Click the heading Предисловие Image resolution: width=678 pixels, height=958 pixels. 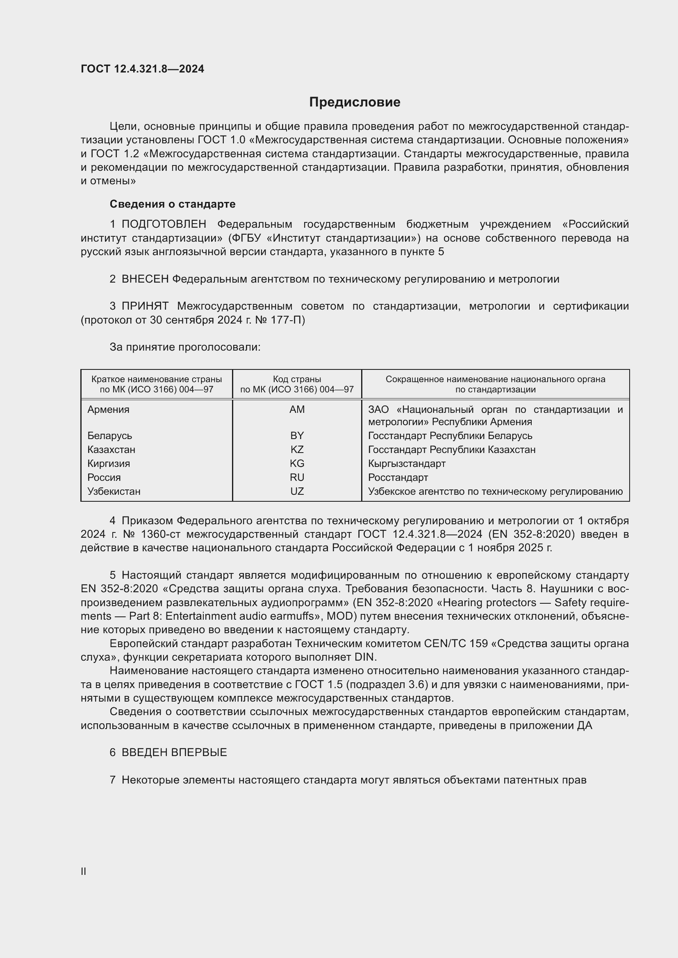[355, 102]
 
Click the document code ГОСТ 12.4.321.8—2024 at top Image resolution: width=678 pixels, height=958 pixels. [142, 69]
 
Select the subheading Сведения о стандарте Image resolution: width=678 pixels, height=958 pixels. [173, 204]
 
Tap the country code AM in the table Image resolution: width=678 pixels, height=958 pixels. [297, 409]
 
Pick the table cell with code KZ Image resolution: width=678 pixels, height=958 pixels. [297, 449]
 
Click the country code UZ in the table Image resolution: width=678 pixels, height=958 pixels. [297, 491]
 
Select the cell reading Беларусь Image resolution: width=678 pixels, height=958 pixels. [110, 436]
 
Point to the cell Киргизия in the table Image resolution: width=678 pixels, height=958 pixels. [109, 464]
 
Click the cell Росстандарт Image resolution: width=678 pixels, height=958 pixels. [398, 477]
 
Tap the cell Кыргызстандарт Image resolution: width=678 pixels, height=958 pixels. [407, 464]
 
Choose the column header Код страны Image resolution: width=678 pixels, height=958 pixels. [297, 379]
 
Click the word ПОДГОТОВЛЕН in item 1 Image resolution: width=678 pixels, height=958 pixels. [164, 224]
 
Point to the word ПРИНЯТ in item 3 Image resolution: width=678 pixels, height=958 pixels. [145, 306]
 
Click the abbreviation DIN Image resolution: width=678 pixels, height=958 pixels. [365, 657]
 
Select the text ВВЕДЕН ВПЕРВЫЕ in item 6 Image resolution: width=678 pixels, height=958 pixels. [174, 752]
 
